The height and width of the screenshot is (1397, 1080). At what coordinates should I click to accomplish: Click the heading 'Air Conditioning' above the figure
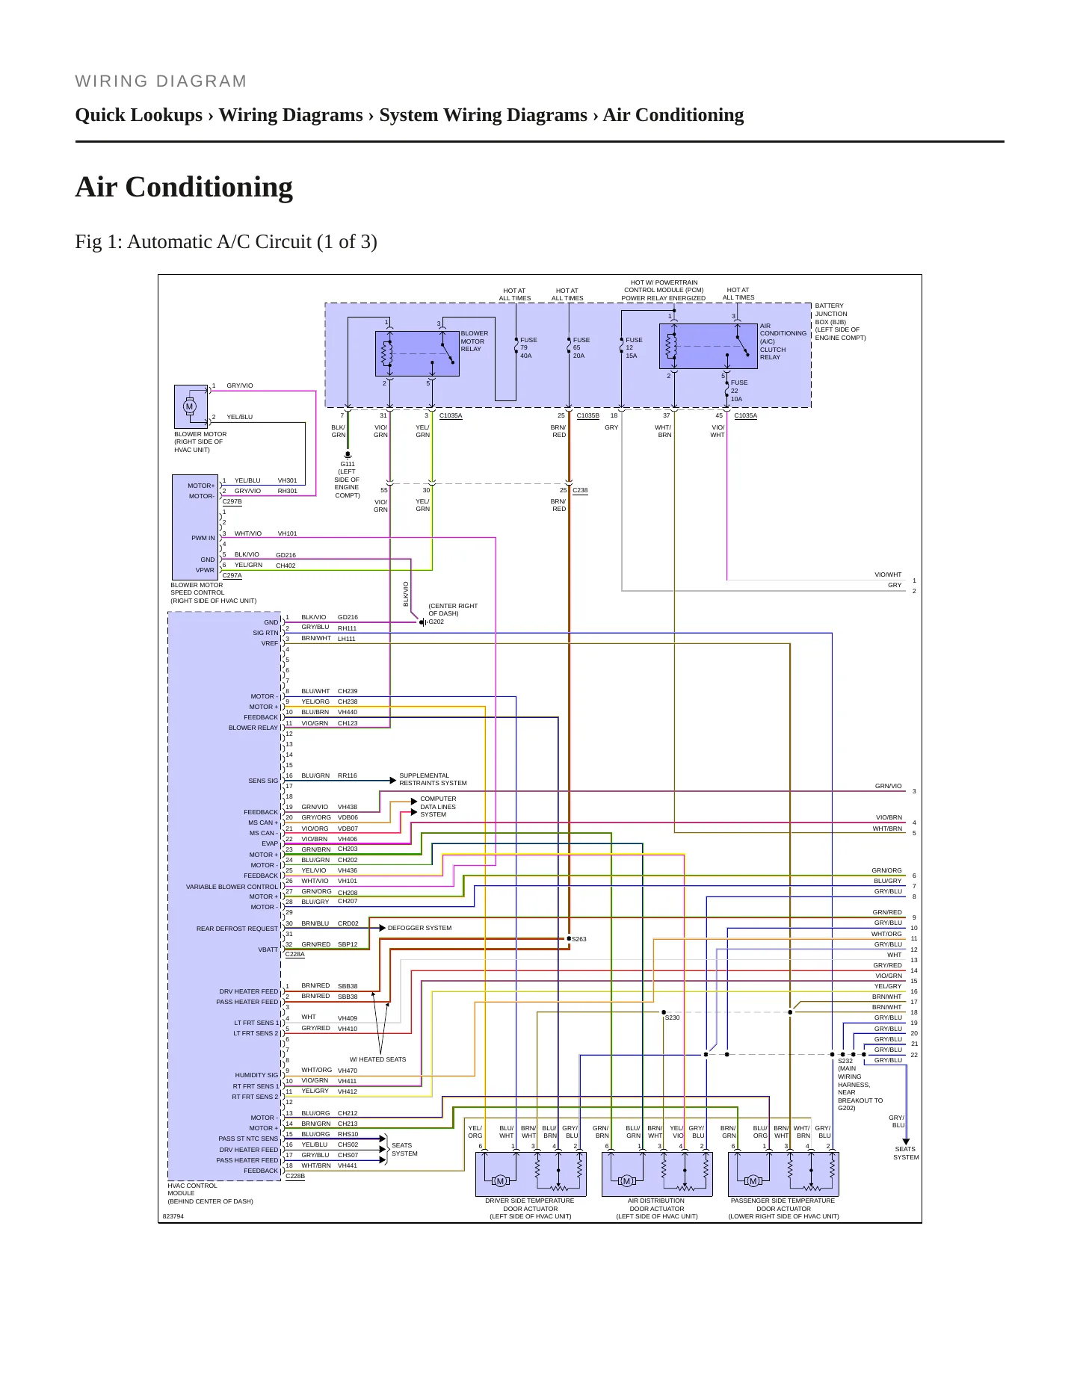tap(184, 187)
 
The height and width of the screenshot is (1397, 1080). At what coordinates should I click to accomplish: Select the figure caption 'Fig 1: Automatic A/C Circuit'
tap(226, 242)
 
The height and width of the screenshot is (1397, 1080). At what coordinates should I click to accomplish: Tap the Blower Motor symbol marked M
tap(189, 406)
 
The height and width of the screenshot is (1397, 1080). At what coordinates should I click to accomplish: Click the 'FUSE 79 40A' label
tap(528, 347)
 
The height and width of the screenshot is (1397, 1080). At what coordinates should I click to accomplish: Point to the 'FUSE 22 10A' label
tap(739, 391)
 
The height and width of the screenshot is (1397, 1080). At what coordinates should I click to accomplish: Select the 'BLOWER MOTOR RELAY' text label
tap(475, 341)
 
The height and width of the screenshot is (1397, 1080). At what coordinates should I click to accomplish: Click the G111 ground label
tap(348, 464)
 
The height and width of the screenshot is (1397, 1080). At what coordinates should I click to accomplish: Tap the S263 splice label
tap(579, 939)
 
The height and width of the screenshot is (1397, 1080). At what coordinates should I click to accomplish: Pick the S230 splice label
tap(673, 1017)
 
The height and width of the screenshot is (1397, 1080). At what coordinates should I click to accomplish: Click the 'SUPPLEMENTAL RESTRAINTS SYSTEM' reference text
tap(433, 779)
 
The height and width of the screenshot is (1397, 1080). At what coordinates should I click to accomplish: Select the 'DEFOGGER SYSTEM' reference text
tap(419, 928)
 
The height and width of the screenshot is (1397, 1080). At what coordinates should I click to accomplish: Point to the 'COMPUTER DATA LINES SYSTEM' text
tap(438, 807)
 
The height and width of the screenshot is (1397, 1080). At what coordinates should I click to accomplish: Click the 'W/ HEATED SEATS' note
tap(378, 1059)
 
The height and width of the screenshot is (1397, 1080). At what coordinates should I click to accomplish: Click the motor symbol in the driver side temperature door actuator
tap(500, 1181)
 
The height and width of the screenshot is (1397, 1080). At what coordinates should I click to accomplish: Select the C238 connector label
tap(580, 491)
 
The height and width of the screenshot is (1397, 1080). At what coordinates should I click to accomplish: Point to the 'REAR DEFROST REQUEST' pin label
tap(237, 929)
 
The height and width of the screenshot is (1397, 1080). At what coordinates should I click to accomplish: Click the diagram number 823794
tap(173, 1216)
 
